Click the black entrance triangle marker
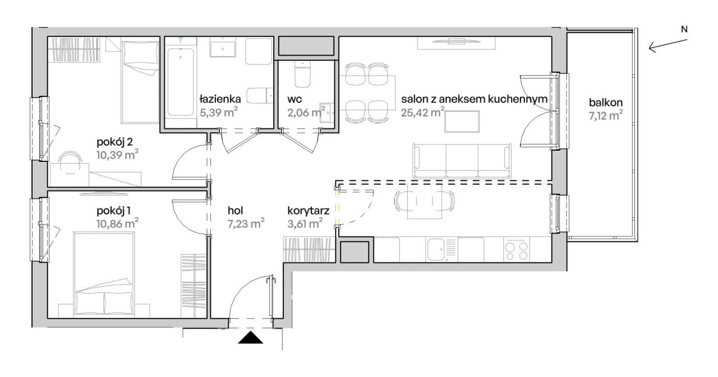(250, 338)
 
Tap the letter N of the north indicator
(684, 30)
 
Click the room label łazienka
(220, 99)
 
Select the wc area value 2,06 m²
(306, 113)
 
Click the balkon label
(606, 103)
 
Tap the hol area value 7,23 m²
(246, 224)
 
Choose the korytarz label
(309, 211)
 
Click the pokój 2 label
(115, 142)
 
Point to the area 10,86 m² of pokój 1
(117, 224)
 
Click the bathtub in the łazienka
(181, 82)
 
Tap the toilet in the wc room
(302, 74)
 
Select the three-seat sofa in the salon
(462, 161)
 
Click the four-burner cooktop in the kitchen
(517, 250)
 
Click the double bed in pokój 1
(104, 274)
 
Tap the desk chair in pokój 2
(70, 162)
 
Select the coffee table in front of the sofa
(462, 122)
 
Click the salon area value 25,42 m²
(422, 113)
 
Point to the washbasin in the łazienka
(223, 49)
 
